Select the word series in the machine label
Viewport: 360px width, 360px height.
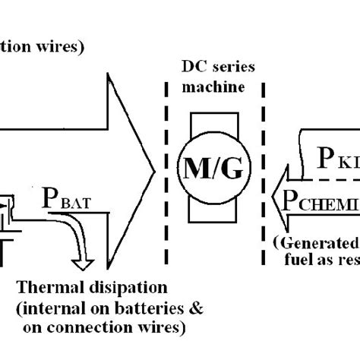(231, 68)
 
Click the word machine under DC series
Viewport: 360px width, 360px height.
(216, 87)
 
